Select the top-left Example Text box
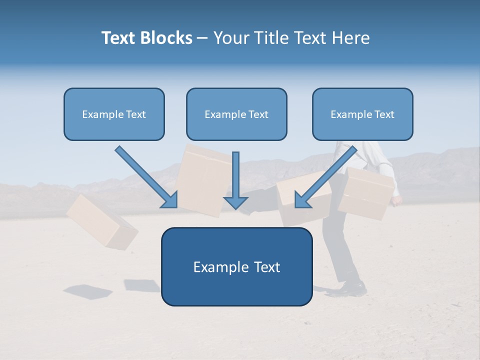pyautogui.click(x=114, y=114)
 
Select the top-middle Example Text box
pyautogui.click(x=236, y=114)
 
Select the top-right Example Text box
pyautogui.click(x=362, y=114)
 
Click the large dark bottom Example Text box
pyautogui.click(x=236, y=266)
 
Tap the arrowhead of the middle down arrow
pyautogui.click(x=235, y=202)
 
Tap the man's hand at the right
pyautogui.click(x=396, y=200)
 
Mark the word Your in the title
pyautogui.click(x=230, y=38)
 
